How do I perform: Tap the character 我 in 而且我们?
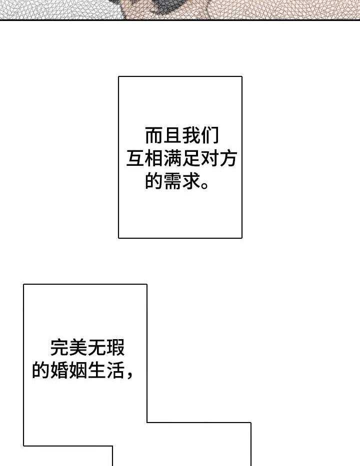point(191,135)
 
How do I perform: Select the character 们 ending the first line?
point(209,135)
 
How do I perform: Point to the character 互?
point(135,158)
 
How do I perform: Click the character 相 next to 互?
point(154,158)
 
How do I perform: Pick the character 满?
point(172,158)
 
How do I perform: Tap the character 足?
point(191,158)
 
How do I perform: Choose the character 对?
point(209,158)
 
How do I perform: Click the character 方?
point(228,158)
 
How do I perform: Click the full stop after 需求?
point(204,185)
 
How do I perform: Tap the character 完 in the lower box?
point(59,347)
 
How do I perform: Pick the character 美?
point(78,347)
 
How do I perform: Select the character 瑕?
point(115,347)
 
